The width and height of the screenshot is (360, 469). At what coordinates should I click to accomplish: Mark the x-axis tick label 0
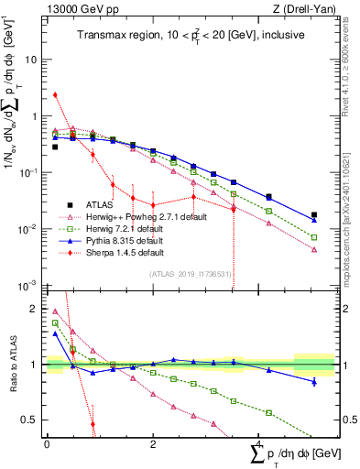tap(47, 442)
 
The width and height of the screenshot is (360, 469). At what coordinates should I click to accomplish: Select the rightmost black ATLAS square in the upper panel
tap(314, 215)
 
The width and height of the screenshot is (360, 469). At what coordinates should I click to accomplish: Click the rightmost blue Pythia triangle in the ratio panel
tap(314, 381)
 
